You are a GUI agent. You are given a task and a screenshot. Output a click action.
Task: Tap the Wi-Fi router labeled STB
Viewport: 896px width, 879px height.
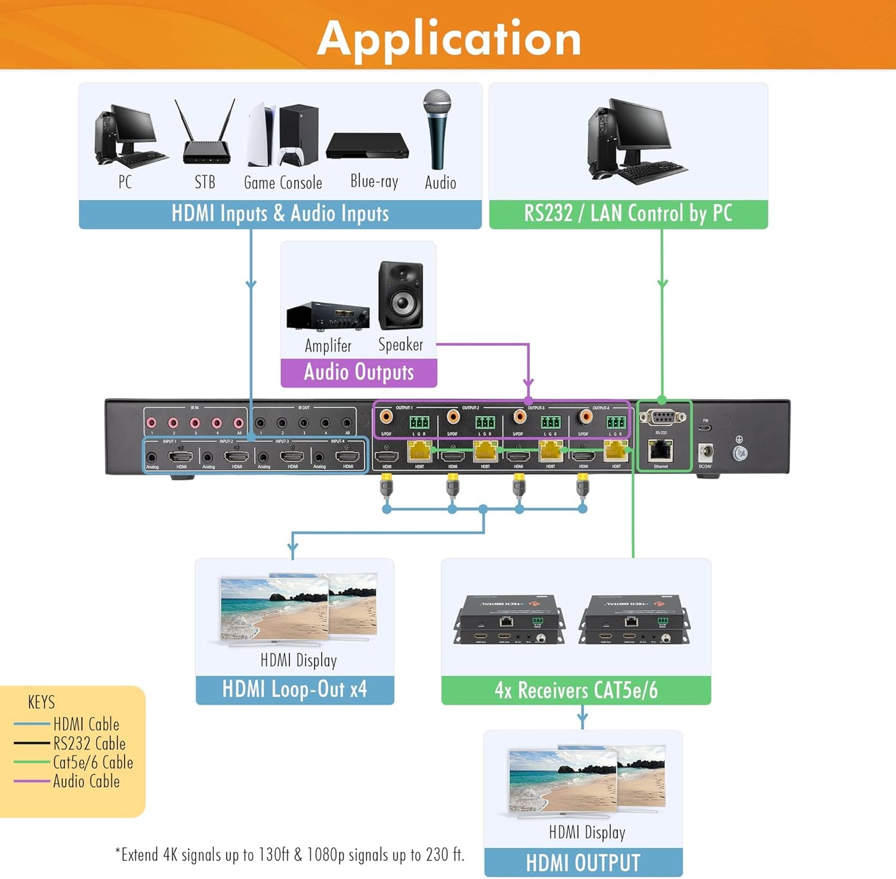206,139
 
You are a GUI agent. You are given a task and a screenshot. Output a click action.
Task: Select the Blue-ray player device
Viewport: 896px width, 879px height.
368,146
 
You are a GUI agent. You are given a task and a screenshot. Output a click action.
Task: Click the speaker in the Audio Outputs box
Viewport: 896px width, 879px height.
401,296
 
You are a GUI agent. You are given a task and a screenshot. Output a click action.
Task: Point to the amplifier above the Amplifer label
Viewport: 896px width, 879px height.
327,316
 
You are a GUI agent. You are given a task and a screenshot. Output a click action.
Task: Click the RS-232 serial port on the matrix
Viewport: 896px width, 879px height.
661,418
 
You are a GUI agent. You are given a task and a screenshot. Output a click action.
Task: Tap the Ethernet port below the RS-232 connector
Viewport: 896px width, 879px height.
661,451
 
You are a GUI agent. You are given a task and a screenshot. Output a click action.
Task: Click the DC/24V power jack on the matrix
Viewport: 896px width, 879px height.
705,452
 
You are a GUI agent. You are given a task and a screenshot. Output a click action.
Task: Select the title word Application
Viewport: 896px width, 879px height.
449,38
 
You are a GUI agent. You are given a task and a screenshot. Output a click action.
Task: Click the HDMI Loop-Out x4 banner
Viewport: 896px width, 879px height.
295,689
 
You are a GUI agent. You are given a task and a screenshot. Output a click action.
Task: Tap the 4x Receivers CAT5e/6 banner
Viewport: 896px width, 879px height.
576,690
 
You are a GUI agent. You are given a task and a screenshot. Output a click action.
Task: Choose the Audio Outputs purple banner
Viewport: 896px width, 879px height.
358,372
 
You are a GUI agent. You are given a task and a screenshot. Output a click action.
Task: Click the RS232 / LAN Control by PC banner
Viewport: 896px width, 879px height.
628,214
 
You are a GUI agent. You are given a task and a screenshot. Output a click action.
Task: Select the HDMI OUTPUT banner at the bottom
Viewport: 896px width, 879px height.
583,862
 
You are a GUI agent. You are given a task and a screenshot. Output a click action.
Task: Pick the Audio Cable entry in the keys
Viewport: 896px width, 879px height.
86,781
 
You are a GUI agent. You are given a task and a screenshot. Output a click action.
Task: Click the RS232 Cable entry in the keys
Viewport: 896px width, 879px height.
89,743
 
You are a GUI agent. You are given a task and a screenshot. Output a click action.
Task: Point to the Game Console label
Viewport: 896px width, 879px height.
283,183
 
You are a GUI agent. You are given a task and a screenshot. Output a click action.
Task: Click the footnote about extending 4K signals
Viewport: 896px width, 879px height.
290,855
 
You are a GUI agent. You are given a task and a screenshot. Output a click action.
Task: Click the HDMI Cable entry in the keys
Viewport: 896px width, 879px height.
86,724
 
